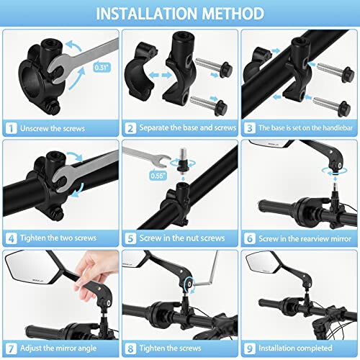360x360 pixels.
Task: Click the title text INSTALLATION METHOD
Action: (x=180, y=13)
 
